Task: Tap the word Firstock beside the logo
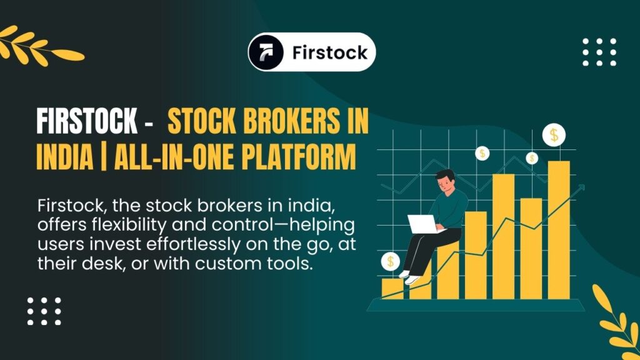pyautogui.click(x=329, y=52)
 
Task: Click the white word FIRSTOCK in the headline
pyautogui.click(x=86, y=121)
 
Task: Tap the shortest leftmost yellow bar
pyautogui.click(x=392, y=288)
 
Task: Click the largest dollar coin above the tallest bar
pyautogui.click(x=554, y=134)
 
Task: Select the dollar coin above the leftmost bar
pyautogui.click(x=391, y=261)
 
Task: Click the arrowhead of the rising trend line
pyautogui.click(x=581, y=187)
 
